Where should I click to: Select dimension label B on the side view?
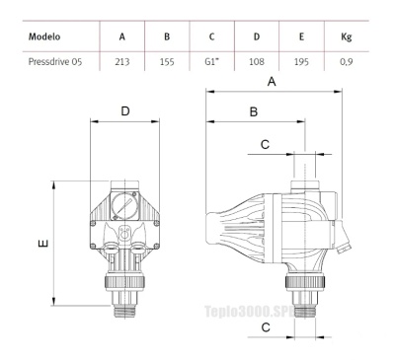(x=254, y=112)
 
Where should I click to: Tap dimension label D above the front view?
(x=125, y=111)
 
